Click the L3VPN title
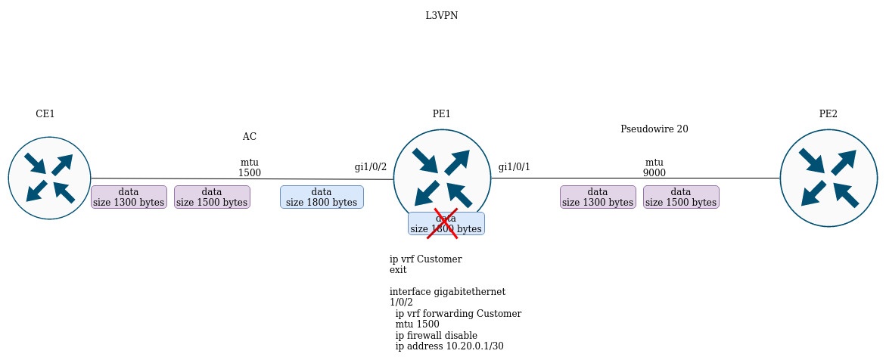click(441, 15)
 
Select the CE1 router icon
click(50, 178)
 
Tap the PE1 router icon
click(442, 178)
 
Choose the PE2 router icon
click(828, 178)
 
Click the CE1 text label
click(45, 114)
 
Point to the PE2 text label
click(828, 114)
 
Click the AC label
click(249, 137)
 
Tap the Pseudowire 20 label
click(654, 129)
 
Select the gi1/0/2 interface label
click(371, 167)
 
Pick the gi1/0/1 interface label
click(515, 167)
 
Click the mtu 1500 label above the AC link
click(249, 168)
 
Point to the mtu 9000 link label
click(654, 168)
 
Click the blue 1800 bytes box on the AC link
click(322, 197)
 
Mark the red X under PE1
click(443, 224)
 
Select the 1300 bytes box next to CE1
click(129, 197)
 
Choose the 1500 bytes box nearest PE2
click(681, 197)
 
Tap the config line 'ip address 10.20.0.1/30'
click(449, 346)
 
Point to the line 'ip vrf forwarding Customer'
click(458, 313)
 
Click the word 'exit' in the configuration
click(398, 270)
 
